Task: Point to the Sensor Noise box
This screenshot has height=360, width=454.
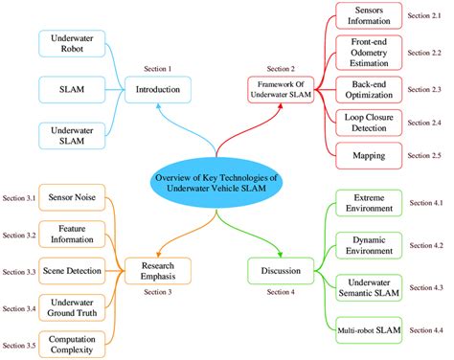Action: (73, 198)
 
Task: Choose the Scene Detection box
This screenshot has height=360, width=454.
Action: (73, 270)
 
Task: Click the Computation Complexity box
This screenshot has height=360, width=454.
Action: (73, 342)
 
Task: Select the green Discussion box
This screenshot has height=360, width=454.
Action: (280, 270)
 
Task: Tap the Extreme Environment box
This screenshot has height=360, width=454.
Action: (367, 204)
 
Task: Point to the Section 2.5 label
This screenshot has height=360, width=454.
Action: (424, 153)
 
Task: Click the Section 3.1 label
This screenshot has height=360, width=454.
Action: (18, 198)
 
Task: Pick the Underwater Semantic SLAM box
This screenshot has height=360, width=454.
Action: (367, 288)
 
